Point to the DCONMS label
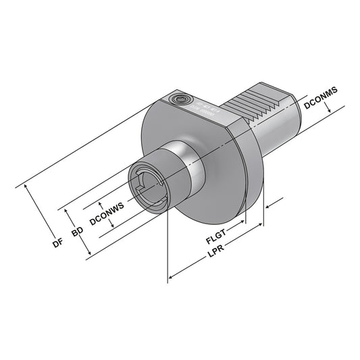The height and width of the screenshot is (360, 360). pos(321,105)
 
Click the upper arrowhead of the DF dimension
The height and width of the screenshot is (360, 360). pos(27,185)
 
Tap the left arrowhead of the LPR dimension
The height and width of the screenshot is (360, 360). pos(170,278)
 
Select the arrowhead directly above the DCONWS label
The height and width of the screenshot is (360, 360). pos(101,202)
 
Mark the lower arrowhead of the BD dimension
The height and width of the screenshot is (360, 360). pos(89,255)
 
